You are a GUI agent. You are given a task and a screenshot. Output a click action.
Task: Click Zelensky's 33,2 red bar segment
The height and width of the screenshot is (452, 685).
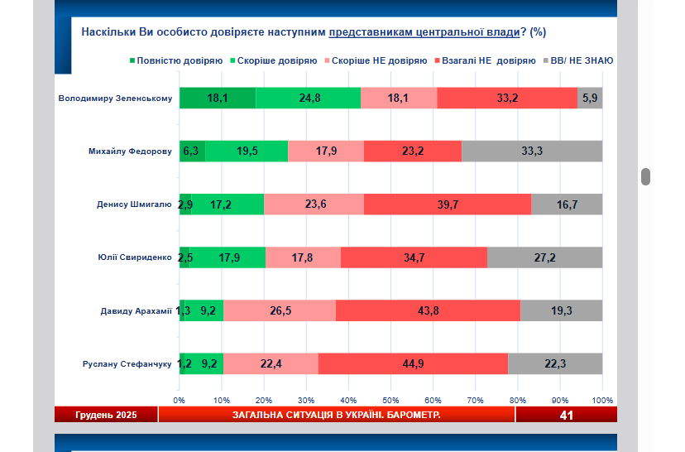pos(506,98)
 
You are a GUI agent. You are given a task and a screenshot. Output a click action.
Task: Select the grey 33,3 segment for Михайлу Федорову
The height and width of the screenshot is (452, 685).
pos(532,151)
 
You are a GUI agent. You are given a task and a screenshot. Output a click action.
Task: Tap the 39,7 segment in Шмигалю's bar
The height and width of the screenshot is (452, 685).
pos(448,204)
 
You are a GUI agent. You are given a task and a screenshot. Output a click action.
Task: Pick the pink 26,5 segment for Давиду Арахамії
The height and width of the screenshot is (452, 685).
pos(280,310)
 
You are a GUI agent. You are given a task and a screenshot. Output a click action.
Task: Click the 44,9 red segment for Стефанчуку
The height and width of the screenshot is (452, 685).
pos(413,363)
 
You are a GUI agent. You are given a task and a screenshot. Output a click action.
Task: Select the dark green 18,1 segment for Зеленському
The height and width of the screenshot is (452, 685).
pos(218,98)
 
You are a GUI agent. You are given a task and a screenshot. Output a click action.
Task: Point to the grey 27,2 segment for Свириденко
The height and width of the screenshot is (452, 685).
pos(544,257)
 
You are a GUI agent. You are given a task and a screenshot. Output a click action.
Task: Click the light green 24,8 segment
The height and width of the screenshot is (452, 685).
pos(309,98)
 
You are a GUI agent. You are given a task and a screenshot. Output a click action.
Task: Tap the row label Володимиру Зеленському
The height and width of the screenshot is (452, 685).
pos(115,99)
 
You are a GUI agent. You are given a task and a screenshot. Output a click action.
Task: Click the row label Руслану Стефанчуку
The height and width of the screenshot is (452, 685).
pos(127,363)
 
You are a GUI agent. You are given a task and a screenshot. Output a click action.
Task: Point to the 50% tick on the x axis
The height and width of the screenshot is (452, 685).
pos(390,400)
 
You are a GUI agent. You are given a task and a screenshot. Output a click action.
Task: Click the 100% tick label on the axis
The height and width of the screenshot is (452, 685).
pos(601,400)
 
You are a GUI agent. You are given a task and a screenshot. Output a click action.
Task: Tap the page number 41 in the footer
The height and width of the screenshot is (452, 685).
pos(566,415)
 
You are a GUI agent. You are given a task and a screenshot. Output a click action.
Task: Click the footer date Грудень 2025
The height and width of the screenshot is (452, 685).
pos(106,415)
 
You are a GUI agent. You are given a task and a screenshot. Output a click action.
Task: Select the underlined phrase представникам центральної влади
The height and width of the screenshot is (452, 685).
pos(423,32)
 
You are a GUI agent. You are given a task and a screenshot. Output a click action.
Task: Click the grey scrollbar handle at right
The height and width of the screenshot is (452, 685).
pos(646,176)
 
